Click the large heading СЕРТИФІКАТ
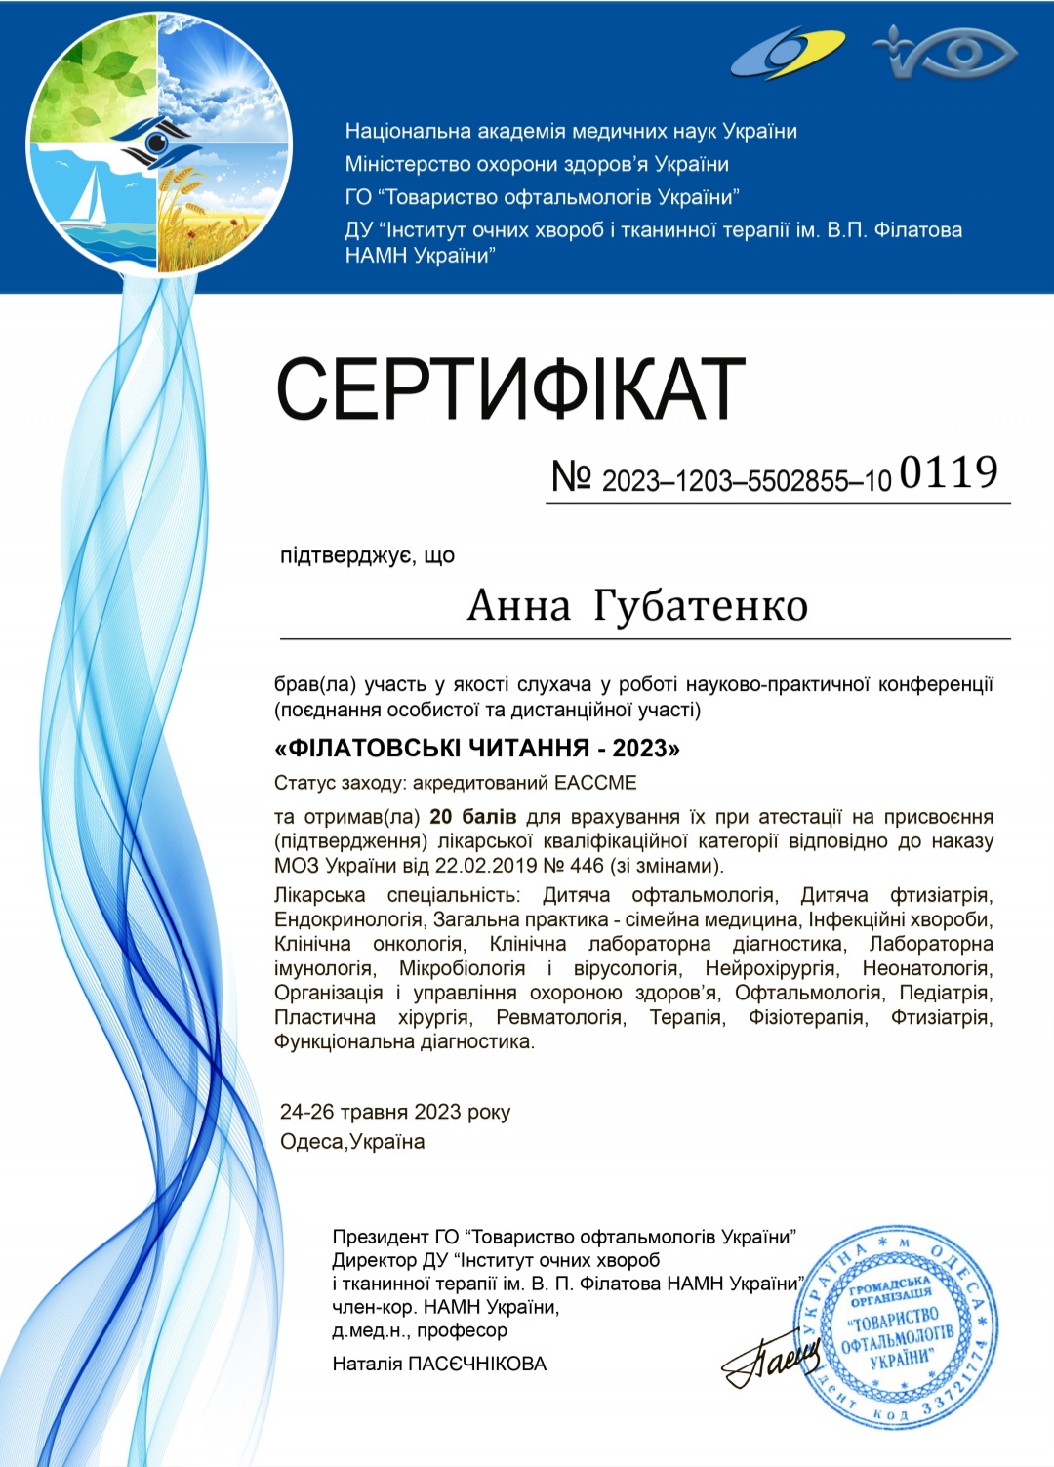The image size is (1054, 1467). tap(510, 388)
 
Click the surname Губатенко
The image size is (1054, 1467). tap(701, 606)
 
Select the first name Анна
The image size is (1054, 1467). tap(518, 606)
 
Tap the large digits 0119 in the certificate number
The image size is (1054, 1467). tap(948, 472)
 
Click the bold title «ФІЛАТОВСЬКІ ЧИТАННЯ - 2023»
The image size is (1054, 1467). tap(477, 749)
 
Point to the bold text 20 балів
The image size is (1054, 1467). tap(472, 817)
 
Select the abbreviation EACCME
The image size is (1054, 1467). tap(595, 783)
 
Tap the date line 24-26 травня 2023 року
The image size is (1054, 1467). tap(394, 1112)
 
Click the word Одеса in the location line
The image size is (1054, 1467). tap(312, 1142)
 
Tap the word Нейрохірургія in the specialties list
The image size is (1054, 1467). tap(770, 968)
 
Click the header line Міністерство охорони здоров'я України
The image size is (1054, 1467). tap(537, 164)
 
